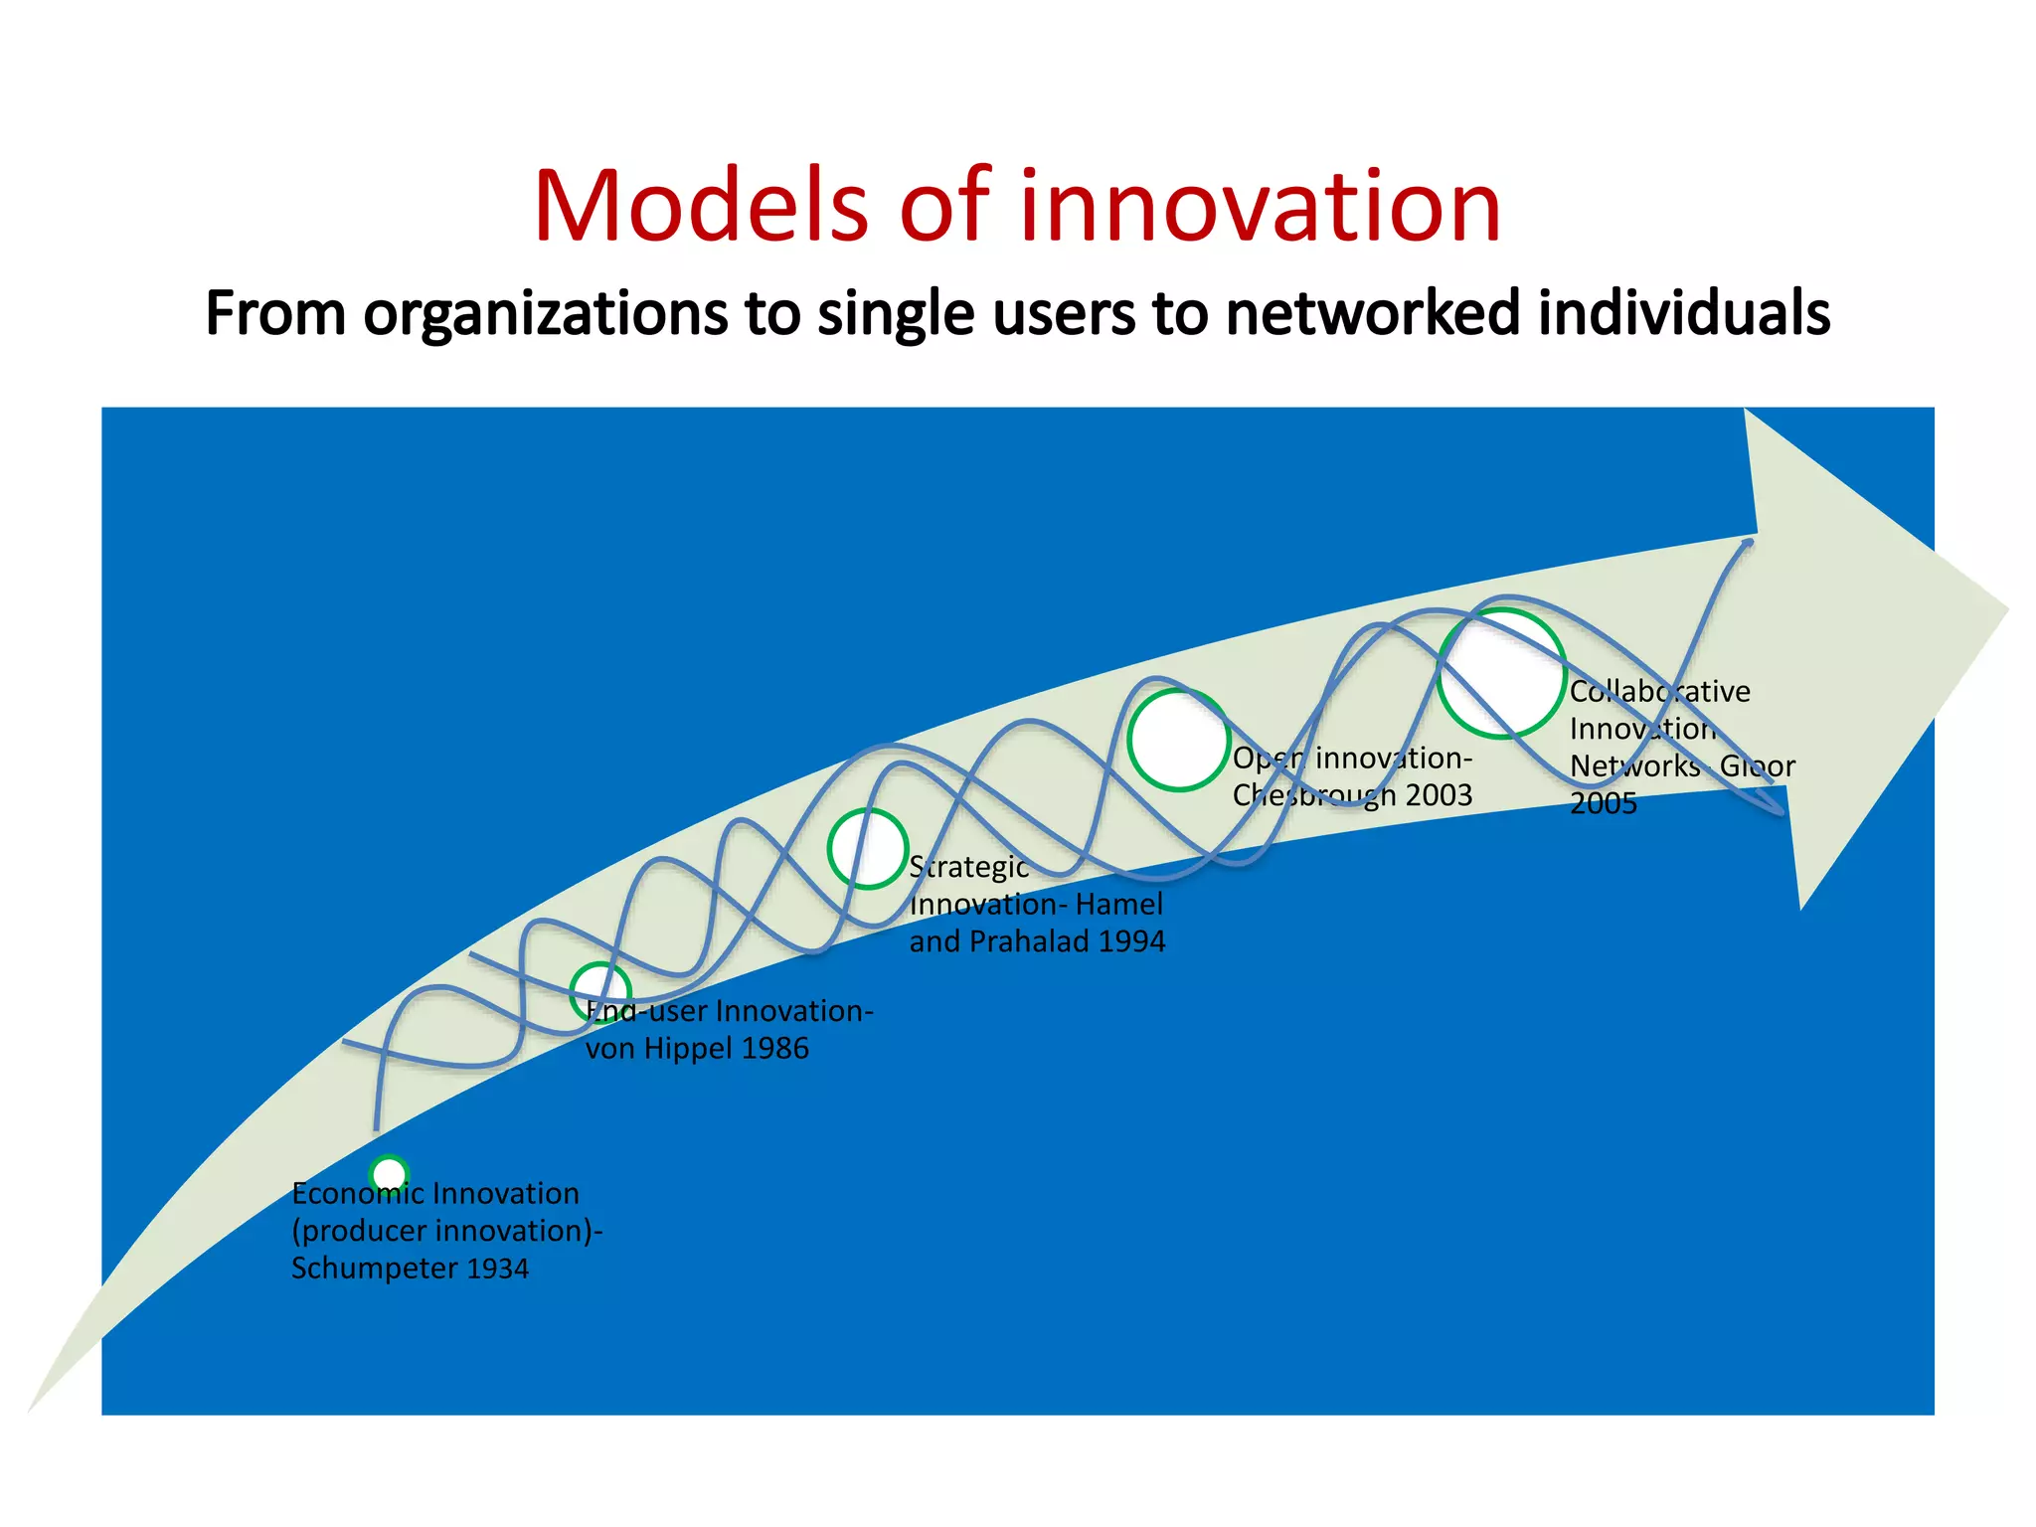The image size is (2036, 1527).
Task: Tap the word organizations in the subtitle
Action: [x=546, y=313]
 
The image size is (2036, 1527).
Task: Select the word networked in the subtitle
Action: [x=1373, y=313]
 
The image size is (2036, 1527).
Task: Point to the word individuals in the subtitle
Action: [x=1684, y=313]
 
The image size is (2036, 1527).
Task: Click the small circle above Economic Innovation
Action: [x=389, y=1174]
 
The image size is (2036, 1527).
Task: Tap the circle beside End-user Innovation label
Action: [x=600, y=991]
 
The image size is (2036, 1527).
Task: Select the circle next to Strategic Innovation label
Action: [x=868, y=848]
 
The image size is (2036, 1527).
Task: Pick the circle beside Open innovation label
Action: [x=1179, y=740]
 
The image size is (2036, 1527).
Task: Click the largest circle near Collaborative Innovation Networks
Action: [x=1501, y=674]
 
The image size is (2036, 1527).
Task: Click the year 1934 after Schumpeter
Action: [x=497, y=1269]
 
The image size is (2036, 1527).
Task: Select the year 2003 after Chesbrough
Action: [x=1439, y=795]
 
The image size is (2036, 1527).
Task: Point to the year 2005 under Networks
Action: [x=1603, y=803]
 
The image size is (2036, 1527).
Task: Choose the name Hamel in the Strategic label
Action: [x=1119, y=905]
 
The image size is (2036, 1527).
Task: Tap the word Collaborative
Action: [x=1659, y=691]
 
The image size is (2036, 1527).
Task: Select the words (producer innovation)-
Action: [x=446, y=1231]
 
